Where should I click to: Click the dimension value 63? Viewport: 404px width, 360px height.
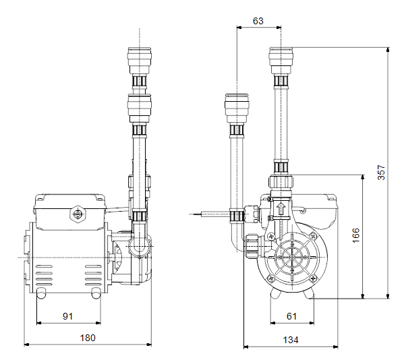point(258,21)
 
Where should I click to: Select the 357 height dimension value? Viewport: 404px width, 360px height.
point(381,173)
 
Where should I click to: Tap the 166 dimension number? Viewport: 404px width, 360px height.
point(356,235)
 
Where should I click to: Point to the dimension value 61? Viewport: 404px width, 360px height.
point(291,316)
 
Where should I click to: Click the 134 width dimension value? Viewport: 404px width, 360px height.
point(291,340)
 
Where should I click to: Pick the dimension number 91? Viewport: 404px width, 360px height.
point(67,316)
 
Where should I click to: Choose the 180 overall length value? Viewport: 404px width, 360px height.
point(88,338)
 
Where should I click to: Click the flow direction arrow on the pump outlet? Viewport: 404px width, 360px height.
point(281,208)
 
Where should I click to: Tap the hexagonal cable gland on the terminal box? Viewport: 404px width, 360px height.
point(77,214)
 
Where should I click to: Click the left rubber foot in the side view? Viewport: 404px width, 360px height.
point(41,293)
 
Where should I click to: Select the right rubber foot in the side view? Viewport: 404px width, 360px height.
point(96,293)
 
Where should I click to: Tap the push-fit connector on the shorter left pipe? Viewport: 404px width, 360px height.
point(237,108)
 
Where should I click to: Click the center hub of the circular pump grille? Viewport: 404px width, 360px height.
point(292,257)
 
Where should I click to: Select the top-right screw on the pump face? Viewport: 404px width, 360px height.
point(314,235)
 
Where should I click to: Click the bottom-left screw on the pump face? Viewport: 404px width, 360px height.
point(270,278)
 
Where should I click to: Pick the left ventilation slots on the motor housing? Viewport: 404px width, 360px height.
point(44,275)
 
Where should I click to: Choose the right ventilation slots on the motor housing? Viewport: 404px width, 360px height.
point(93,275)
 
